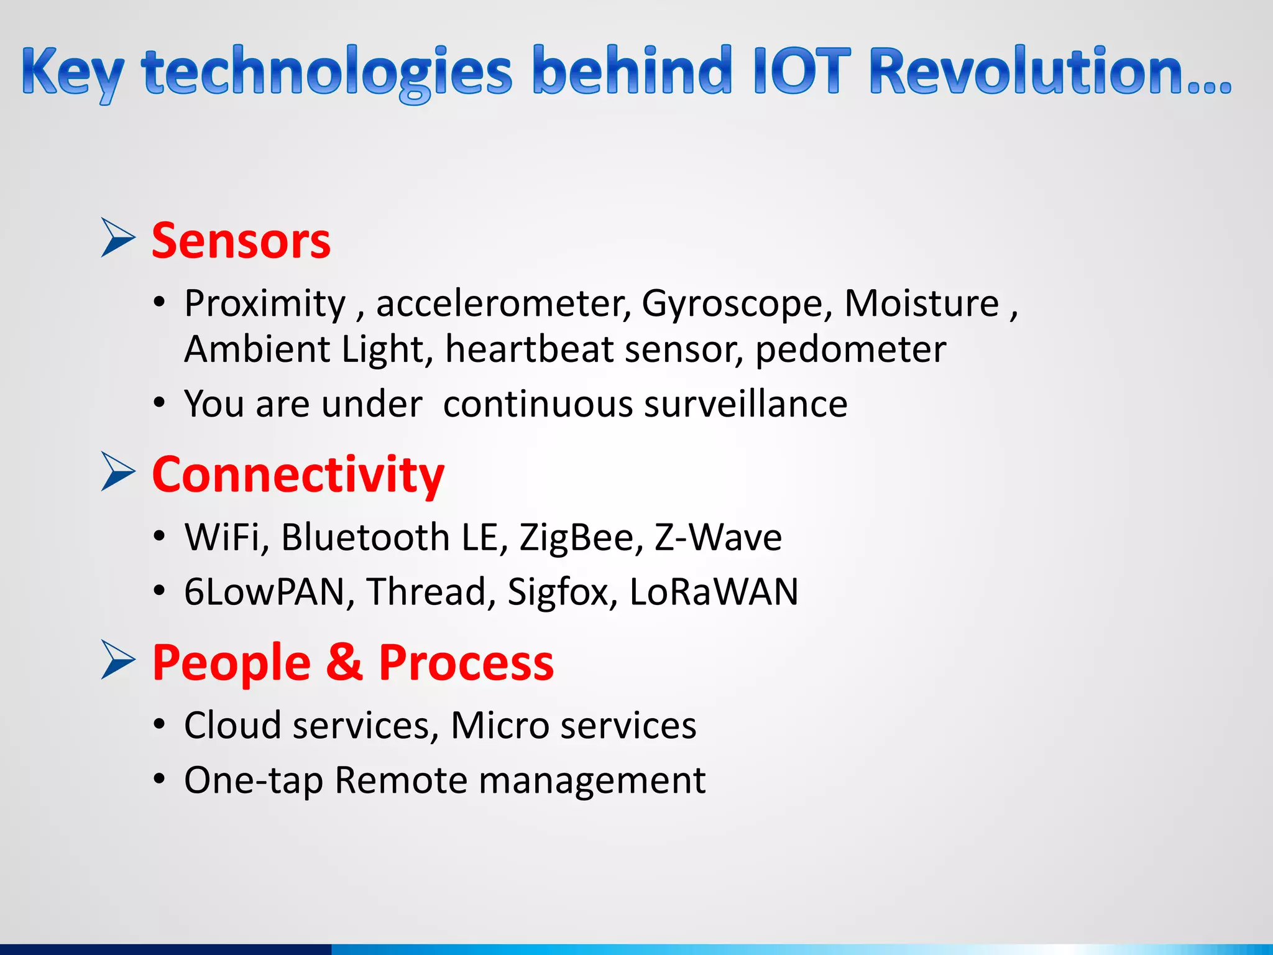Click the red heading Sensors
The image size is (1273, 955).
pos(241,241)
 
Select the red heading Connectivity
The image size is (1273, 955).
pos(298,475)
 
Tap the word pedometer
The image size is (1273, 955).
pos(850,349)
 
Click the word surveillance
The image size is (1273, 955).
pos(746,404)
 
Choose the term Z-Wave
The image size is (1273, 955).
pos(718,537)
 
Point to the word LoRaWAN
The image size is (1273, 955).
pos(714,592)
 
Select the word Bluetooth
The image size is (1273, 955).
pos(365,537)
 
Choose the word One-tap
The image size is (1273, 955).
pos(254,781)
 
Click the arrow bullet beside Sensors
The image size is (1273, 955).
pos(118,238)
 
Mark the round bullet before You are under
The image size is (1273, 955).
pos(160,404)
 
